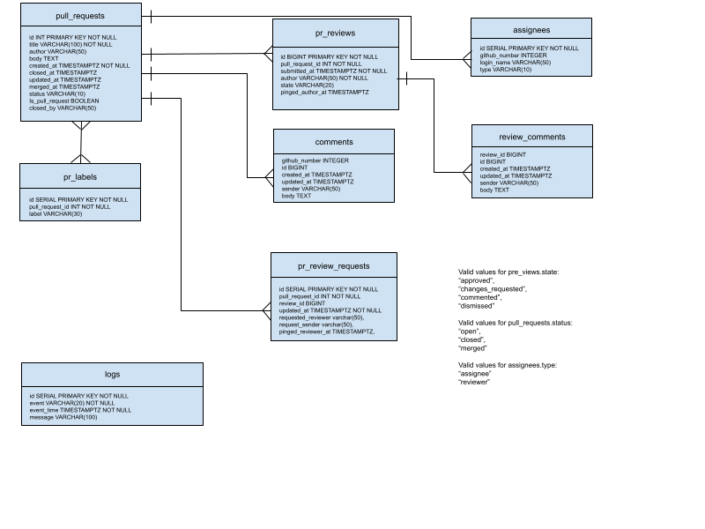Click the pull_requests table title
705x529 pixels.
tap(80, 16)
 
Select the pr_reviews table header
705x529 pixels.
tap(335, 33)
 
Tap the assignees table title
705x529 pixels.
tap(531, 30)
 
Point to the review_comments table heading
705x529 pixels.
tap(531, 137)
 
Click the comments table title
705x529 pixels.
tap(334, 142)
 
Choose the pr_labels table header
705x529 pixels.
tap(80, 176)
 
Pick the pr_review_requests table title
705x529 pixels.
tap(334, 265)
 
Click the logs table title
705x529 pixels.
tap(112, 375)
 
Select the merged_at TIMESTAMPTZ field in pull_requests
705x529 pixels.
tap(64, 86)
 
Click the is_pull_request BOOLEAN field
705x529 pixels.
tap(63, 101)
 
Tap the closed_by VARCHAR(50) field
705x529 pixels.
tap(63, 108)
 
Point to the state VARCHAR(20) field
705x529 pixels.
tap(308, 85)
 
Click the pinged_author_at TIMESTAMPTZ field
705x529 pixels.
tap(324, 92)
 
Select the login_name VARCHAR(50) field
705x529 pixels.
tap(516, 63)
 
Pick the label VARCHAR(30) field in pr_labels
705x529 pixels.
tap(56, 213)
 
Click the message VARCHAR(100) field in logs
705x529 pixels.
tap(63, 417)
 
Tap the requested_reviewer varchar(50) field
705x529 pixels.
tap(321, 317)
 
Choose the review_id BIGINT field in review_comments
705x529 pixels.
tap(503, 154)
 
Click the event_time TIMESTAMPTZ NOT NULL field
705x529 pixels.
tap(80, 410)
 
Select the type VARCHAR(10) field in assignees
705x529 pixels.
tap(506, 70)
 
